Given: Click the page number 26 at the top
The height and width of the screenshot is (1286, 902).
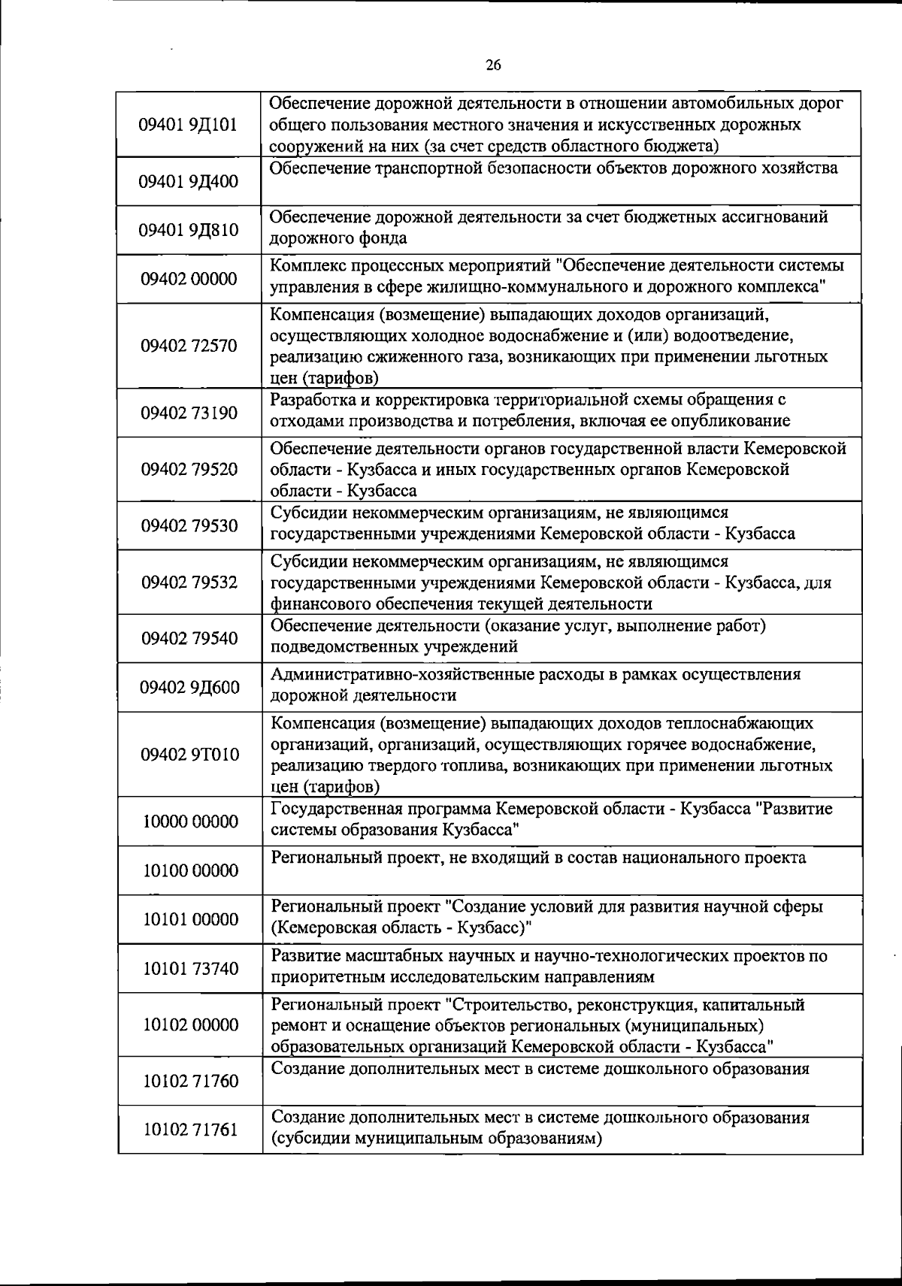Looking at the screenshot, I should [493, 65].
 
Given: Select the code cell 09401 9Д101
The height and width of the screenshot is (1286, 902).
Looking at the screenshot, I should [189, 124].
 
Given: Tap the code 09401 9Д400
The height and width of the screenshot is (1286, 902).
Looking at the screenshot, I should [189, 181].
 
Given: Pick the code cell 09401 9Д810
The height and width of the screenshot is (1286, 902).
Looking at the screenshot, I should [189, 229].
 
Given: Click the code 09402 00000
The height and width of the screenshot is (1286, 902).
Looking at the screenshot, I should [189, 279].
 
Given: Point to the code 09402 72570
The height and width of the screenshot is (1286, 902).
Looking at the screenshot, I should [189, 346].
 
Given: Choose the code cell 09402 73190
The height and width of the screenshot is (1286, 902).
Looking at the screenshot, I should [189, 413].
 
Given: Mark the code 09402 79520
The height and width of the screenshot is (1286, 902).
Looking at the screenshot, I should [189, 470].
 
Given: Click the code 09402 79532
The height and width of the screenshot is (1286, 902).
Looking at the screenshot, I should [189, 582].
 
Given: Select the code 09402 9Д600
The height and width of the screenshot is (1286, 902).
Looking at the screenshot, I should [189, 687].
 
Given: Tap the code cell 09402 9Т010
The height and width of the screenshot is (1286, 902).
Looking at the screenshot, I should [189, 754].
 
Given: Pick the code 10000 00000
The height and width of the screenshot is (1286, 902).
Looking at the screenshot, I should [189, 821].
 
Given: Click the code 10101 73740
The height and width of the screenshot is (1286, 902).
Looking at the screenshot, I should [189, 968].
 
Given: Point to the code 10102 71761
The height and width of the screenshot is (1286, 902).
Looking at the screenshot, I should [189, 1130].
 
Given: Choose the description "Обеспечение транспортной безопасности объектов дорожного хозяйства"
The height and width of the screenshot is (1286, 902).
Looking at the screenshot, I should [553, 168].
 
